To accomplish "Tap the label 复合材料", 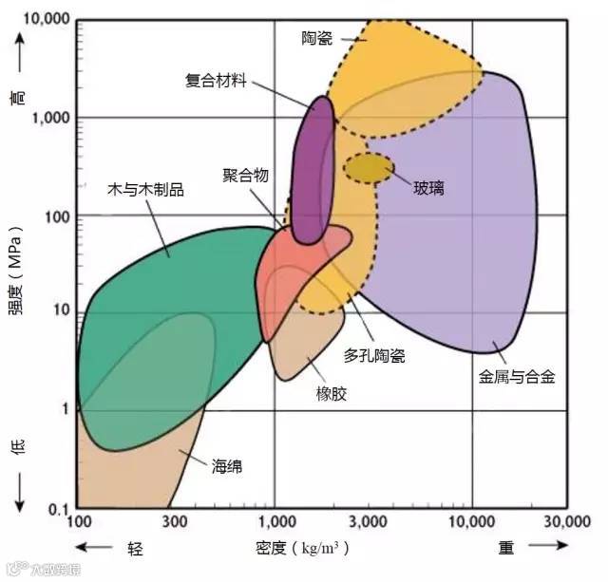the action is tap(216, 81).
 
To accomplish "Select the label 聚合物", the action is tap(246, 175).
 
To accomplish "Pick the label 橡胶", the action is tap(332, 393).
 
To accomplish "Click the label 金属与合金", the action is tap(517, 377).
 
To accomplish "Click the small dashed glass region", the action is tap(368, 168).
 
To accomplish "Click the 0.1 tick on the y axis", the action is tap(59, 510).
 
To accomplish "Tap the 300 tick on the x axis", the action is tap(177, 524).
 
